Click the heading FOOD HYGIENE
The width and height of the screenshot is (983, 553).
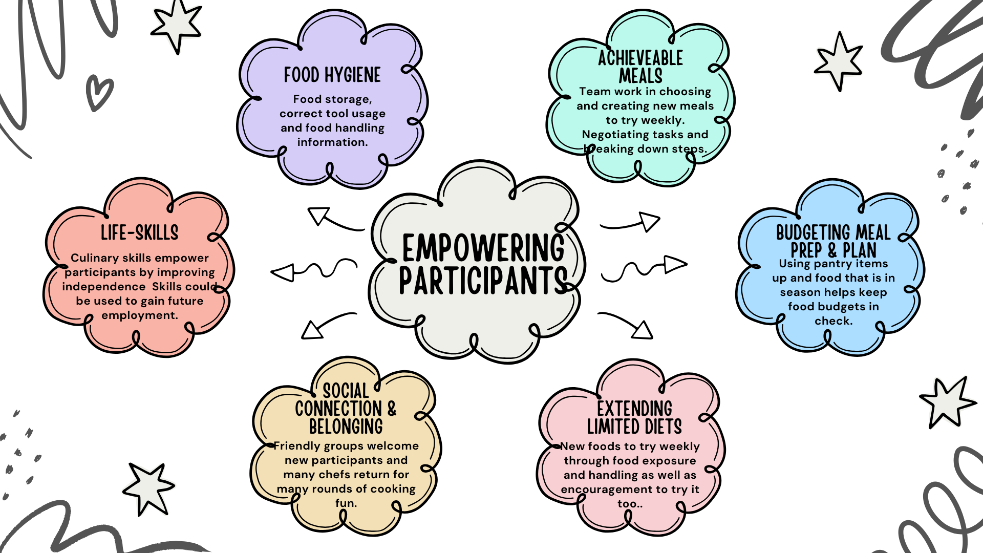[x=332, y=75]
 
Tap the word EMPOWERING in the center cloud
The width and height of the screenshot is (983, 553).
[x=483, y=248]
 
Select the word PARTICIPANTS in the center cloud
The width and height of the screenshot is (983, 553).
[x=483, y=281]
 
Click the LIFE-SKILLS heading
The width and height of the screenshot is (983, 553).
[x=140, y=233]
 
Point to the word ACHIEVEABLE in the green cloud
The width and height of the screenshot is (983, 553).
[x=640, y=58]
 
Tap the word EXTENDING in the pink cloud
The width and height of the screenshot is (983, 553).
[x=634, y=409]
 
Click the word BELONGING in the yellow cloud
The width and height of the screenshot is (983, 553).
[x=346, y=427]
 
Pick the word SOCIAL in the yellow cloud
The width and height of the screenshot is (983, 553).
[x=346, y=391]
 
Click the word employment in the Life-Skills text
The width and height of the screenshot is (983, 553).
[x=139, y=315]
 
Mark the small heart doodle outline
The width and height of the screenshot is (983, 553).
[x=98, y=92]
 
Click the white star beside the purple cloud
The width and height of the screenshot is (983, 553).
[x=176, y=25]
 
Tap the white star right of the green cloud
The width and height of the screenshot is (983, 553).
[x=839, y=60]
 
